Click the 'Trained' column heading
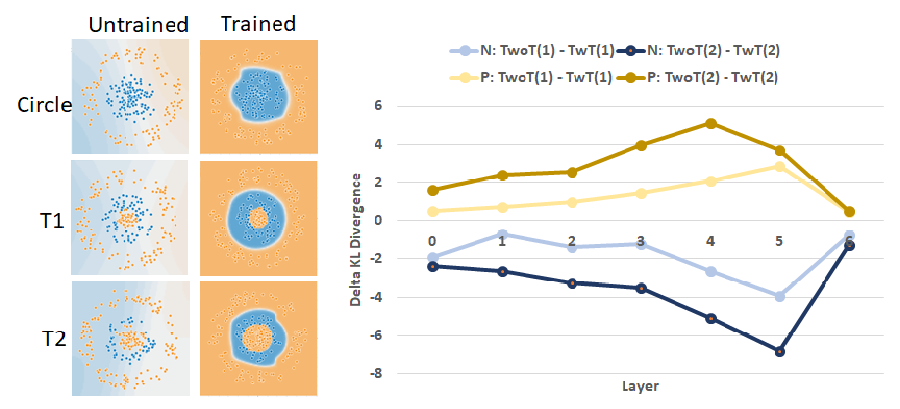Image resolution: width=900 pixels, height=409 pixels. (x=258, y=22)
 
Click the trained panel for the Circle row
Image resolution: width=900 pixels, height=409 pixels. (x=258, y=96)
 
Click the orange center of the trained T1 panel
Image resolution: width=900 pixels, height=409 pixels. (x=258, y=217)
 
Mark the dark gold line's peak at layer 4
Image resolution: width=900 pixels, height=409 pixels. (x=711, y=124)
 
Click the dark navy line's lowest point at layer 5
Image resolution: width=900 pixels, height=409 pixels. (x=780, y=351)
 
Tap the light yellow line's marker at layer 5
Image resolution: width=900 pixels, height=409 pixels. (x=780, y=166)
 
